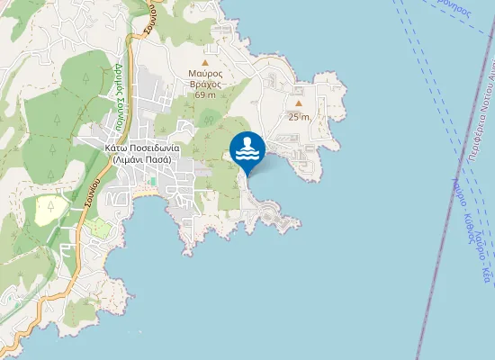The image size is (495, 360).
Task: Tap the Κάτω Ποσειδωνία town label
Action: click(x=142, y=148)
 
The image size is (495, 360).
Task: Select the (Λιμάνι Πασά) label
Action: click(x=142, y=159)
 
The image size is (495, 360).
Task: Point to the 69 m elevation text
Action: click(x=205, y=94)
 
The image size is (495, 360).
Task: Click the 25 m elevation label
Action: click(x=299, y=117)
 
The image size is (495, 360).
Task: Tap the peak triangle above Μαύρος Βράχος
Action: click(x=205, y=62)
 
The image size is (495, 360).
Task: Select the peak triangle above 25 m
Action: click(x=299, y=103)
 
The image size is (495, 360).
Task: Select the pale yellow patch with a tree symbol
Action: click(x=50, y=211)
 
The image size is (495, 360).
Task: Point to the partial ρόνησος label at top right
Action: click(x=450, y=5)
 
